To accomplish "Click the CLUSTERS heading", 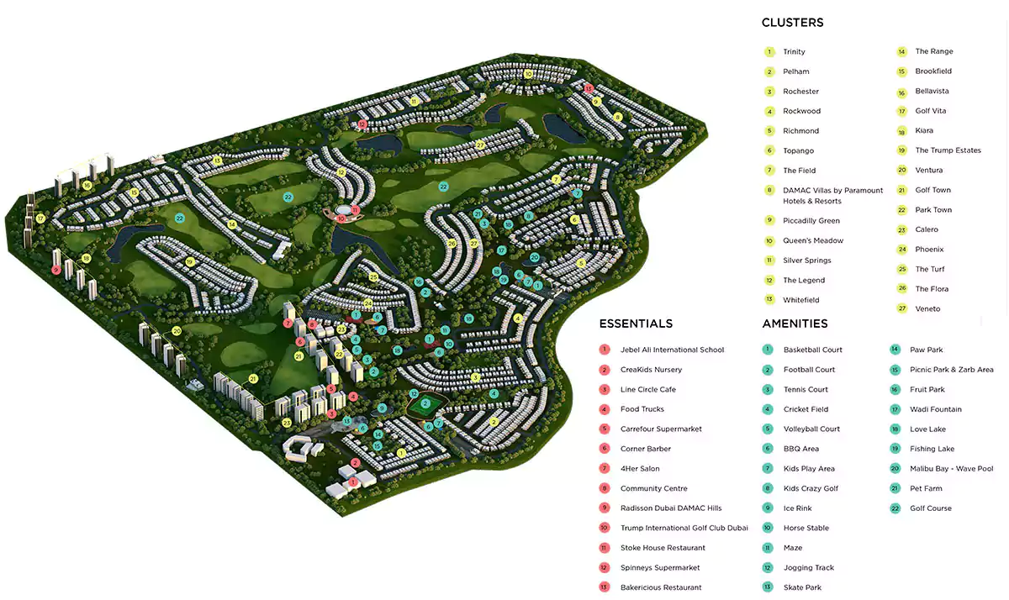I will [792, 23].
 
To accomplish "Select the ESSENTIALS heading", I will [636, 324].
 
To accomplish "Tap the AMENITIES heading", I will [795, 324].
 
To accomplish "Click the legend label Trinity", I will [794, 52].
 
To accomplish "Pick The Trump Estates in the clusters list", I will [948, 150].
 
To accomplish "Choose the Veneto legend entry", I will [927, 308].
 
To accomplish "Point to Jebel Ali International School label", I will [672, 350].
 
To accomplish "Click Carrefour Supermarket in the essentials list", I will [661, 429].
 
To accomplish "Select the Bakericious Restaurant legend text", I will [661, 587].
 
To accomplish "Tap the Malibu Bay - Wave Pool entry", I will [951, 469].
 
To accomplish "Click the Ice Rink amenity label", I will [798, 508].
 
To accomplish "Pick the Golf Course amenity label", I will [931, 508].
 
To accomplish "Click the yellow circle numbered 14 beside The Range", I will [901, 51].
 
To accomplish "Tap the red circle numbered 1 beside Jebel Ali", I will [605, 350].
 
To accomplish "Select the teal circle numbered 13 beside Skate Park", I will [768, 587].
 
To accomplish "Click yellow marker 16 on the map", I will [87, 185].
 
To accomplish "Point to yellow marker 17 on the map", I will [40, 218].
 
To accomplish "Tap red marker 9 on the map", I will [56, 270].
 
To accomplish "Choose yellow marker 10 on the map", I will [528, 74].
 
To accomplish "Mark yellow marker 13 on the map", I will [217, 161].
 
